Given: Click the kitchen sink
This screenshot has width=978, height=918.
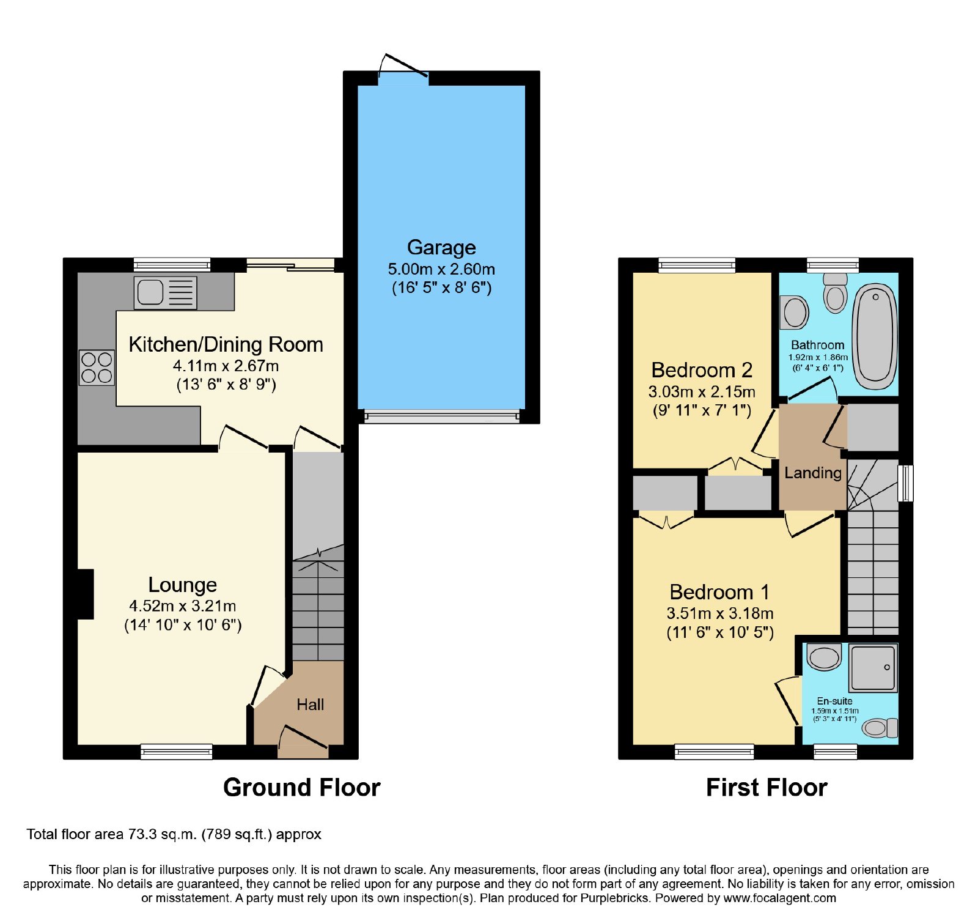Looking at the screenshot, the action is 166,292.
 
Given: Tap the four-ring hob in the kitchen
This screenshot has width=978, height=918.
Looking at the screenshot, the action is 97,368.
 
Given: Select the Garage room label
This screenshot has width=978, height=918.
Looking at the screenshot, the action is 441,247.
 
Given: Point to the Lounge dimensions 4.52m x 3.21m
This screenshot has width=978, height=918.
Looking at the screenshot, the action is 182,606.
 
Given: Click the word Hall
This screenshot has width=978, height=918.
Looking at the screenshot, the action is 310,705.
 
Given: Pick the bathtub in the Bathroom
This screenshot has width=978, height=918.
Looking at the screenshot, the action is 875,336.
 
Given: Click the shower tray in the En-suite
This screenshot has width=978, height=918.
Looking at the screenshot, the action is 873,667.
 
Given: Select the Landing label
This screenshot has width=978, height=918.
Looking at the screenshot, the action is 813,473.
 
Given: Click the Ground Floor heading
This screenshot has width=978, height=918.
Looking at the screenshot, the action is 302,787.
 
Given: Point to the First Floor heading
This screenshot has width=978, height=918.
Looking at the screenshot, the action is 767,787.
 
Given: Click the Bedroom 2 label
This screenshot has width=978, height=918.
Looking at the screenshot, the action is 702,370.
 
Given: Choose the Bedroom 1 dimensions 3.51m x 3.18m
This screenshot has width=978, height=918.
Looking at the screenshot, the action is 720,613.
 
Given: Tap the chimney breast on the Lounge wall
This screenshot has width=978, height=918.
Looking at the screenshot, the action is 86,594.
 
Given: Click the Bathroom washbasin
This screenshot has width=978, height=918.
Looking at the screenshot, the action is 795,312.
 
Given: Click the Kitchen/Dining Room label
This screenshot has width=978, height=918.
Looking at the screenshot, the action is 226,344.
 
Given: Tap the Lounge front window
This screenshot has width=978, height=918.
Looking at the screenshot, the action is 177,751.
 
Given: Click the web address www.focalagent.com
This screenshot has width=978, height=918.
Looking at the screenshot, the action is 779,898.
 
